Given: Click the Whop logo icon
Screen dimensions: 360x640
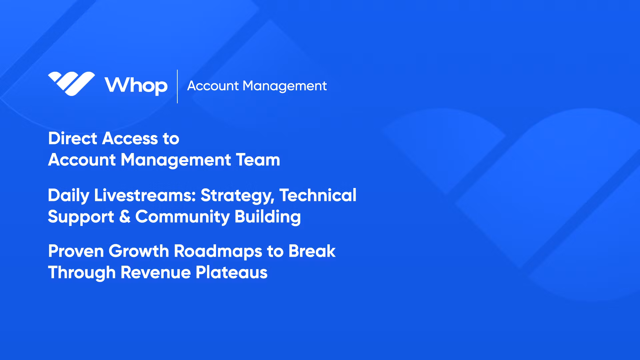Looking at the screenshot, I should pos(71,83).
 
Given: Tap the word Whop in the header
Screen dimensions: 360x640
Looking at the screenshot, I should pos(136,86).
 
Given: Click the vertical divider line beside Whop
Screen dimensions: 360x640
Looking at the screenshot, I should pos(177,86).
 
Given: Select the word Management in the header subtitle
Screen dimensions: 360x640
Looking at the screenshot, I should pos(285,86).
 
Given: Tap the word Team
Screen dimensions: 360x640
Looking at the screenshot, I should pos(258,160).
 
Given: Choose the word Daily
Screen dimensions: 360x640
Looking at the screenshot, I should pos(68,195).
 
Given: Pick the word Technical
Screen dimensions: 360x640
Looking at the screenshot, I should pos(318,195).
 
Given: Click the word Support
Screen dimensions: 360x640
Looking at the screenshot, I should pos(81,217).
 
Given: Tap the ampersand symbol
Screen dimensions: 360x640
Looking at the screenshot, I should pos(125,217).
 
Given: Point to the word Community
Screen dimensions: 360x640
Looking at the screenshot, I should pos(182,217).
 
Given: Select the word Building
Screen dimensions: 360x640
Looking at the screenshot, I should pos(268,217).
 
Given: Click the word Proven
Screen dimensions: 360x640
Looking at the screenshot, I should pos(76,251).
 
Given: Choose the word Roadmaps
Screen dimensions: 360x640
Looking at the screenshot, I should pos(218,251).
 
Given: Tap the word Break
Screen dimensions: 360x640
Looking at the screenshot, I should pos(312,251).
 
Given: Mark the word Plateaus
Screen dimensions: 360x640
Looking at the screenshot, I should pos(231,272).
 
